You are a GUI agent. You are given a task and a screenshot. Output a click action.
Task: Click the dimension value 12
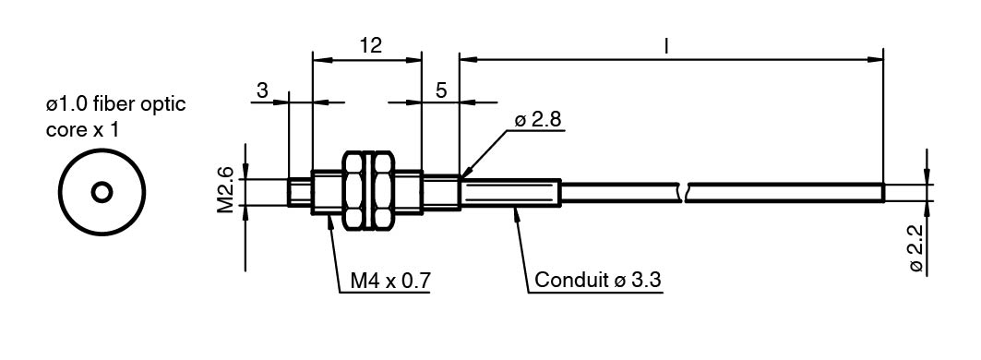pyautogui.click(x=370, y=45)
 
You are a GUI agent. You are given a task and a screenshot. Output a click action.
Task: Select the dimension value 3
pyautogui.click(x=262, y=90)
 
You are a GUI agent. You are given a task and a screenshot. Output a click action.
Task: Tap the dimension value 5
pyautogui.click(x=441, y=90)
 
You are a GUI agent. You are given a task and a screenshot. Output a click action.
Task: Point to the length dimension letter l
pyautogui.click(x=666, y=45)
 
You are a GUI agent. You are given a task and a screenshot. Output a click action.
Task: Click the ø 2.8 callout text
pyautogui.click(x=539, y=121)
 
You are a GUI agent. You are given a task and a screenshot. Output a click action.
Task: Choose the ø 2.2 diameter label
pyautogui.click(x=916, y=248)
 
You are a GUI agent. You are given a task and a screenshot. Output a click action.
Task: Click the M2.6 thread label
pyautogui.click(x=225, y=189)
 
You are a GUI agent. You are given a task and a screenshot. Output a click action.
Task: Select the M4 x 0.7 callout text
pyautogui.click(x=390, y=280)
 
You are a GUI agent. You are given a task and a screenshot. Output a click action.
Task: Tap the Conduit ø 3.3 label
pyautogui.click(x=598, y=280)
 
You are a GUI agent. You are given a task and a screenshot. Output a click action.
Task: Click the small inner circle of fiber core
pyautogui.click(x=102, y=192)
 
